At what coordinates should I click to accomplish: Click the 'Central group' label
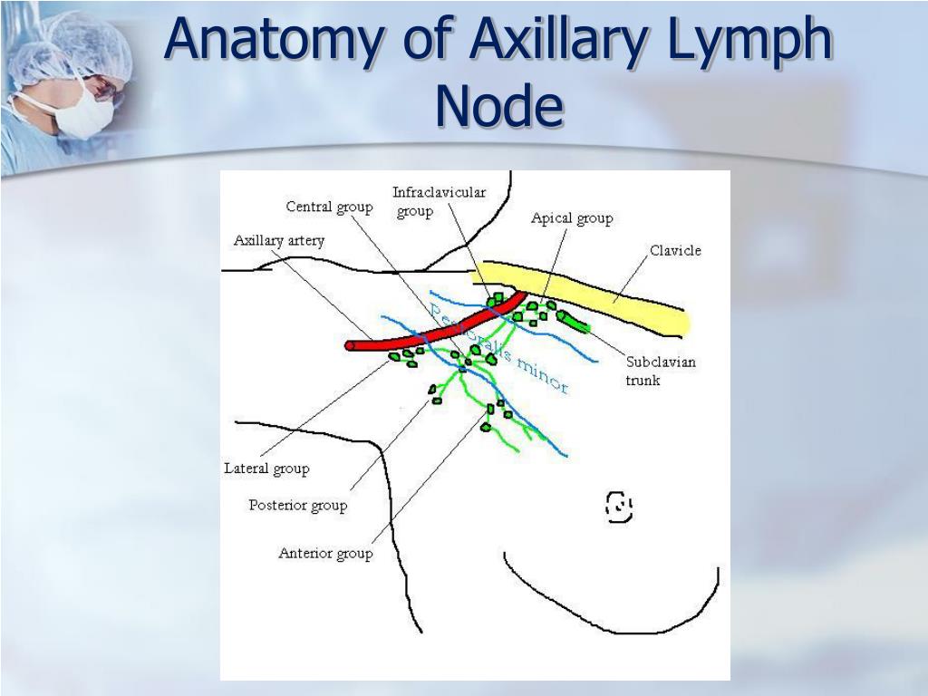tap(329, 207)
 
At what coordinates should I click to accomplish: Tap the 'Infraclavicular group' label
tap(439, 201)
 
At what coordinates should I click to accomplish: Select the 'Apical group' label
tap(572, 218)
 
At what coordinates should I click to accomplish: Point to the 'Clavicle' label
tap(675, 251)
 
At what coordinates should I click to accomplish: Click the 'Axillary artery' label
tap(278, 240)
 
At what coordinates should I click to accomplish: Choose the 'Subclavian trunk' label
tap(661, 372)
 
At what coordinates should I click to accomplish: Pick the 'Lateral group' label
tap(266, 469)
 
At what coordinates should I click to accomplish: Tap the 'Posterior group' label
tap(297, 506)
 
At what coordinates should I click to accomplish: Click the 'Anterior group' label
tap(325, 554)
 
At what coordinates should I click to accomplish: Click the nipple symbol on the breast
tap(618, 507)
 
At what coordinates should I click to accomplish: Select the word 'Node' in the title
tap(498, 105)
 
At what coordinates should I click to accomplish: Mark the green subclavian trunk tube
tap(574, 322)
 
